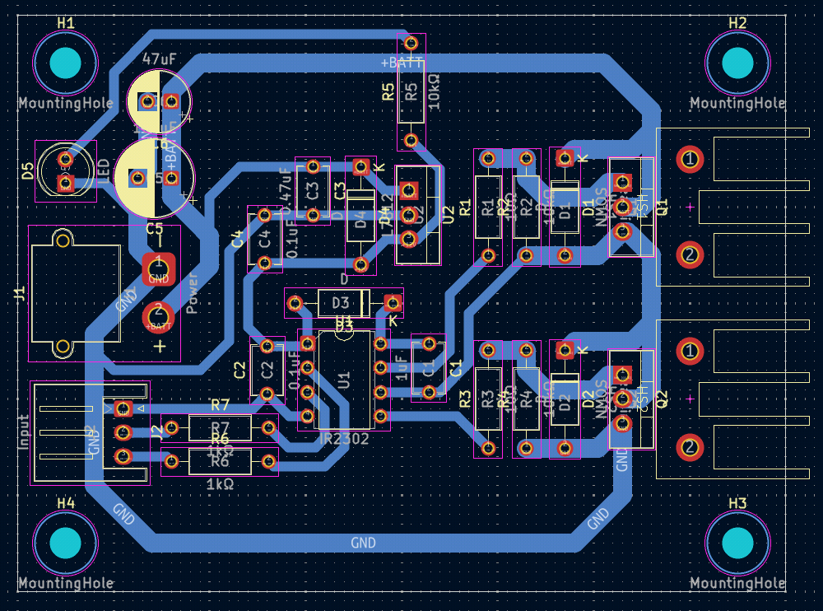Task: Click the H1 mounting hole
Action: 65,63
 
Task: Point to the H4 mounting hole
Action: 65,543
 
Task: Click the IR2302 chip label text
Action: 344,440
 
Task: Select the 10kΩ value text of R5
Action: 434,91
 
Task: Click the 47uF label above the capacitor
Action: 160,59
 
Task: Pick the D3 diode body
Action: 340,304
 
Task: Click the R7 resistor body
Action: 220,427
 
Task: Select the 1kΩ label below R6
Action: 220,484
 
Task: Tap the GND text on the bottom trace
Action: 363,543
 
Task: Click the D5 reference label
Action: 28,171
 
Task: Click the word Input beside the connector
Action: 23,431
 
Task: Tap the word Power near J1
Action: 193,292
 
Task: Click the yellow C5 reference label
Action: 154,228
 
